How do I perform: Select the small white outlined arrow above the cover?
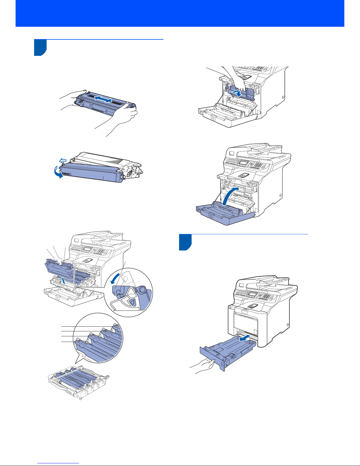[x=62, y=160]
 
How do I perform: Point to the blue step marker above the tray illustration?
[x=185, y=242]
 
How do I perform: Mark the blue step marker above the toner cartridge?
[x=40, y=47]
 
